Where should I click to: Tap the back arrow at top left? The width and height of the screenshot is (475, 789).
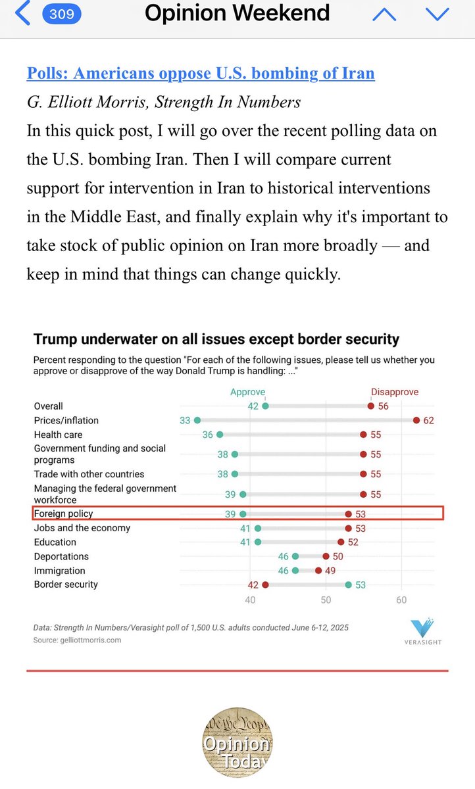pyautogui.click(x=22, y=14)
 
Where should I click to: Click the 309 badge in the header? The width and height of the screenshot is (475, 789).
pyautogui.click(x=62, y=14)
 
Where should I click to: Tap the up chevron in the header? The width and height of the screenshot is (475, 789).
pyautogui.click(x=385, y=14)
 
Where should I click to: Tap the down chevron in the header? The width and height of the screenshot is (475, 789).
pyautogui.click(x=437, y=14)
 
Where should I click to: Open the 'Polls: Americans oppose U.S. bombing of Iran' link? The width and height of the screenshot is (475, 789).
pyautogui.click(x=201, y=73)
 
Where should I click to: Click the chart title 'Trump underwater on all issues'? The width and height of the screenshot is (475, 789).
pyautogui.click(x=216, y=339)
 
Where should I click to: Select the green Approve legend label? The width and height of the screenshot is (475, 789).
pyautogui.click(x=247, y=392)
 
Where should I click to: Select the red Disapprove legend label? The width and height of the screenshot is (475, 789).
pyautogui.click(x=395, y=392)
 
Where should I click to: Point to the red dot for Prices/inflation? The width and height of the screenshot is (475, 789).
pyautogui.click(x=416, y=420)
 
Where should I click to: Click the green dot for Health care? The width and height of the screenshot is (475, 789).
pyautogui.click(x=220, y=435)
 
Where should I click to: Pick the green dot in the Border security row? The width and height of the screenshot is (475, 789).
pyautogui.click(x=348, y=585)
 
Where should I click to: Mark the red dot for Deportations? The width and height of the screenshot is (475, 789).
pyautogui.click(x=326, y=556)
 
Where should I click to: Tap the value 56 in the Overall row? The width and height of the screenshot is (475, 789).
pyautogui.click(x=383, y=406)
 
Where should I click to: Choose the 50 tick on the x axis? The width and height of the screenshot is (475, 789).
pyautogui.click(x=326, y=600)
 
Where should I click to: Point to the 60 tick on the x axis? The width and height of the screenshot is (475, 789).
pyautogui.click(x=401, y=600)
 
